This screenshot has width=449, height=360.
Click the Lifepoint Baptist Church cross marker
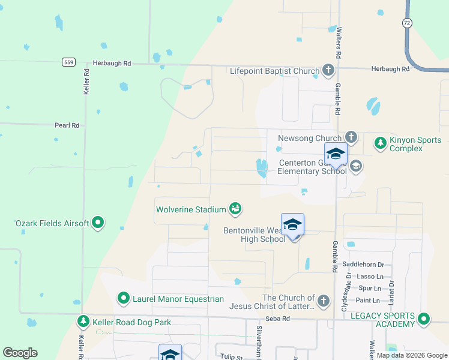point(328,71)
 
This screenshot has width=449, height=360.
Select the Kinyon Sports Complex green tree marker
point(380,143)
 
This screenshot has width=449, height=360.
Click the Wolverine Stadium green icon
point(235,209)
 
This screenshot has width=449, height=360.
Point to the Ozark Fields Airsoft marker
point(98,223)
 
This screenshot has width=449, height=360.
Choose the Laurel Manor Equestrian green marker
point(124,298)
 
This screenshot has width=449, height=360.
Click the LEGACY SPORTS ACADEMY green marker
point(424,319)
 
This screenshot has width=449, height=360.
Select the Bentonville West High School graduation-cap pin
point(292,226)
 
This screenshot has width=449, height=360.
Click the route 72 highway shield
point(407,22)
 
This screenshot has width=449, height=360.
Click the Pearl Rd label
point(67,125)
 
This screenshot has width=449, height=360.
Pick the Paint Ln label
point(368,300)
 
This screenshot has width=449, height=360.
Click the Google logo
point(20,353)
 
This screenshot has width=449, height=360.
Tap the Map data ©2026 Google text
point(411,355)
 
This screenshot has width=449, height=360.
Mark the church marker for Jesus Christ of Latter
point(324,301)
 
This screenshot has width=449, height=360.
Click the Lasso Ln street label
point(370,276)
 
